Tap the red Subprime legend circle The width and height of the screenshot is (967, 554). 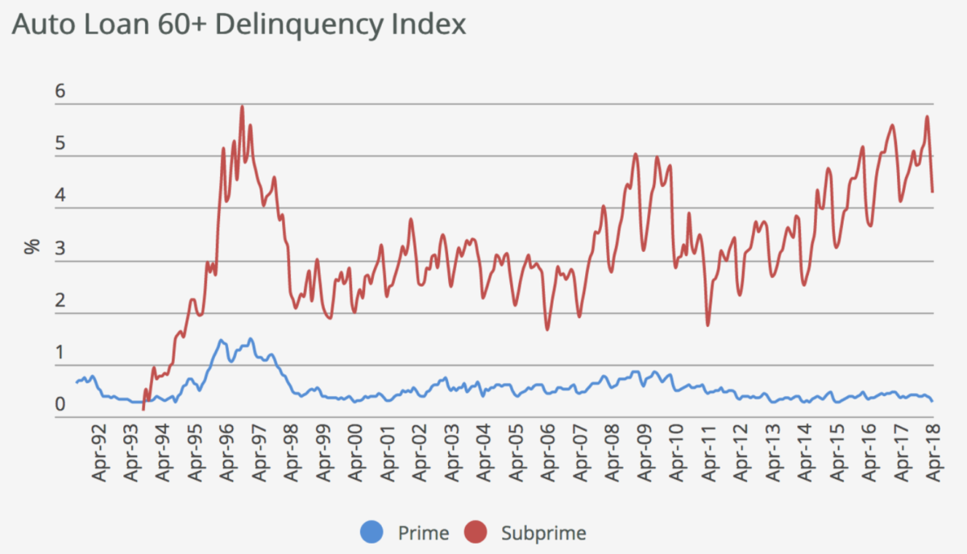point(476,532)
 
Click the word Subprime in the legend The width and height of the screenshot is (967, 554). point(543,532)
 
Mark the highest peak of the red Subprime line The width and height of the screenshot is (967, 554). point(242,106)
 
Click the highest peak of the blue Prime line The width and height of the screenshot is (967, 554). point(251,338)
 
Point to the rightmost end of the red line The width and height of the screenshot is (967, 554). point(932,192)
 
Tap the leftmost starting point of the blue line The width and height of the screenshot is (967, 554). point(76,382)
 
